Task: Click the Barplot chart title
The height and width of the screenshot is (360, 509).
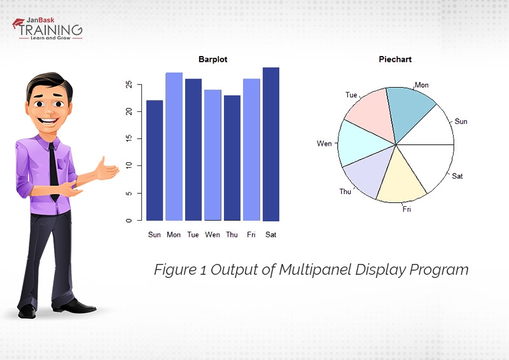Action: [x=213, y=59]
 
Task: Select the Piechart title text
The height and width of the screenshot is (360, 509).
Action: [x=395, y=59]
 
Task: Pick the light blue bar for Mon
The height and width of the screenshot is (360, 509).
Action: [x=174, y=146]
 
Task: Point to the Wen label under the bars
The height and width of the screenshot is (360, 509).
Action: [x=213, y=235]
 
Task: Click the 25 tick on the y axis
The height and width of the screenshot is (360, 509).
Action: [x=129, y=84]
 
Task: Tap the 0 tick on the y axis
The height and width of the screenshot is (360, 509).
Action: [x=129, y=220]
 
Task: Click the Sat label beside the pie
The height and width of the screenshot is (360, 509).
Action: [x=457, y=176]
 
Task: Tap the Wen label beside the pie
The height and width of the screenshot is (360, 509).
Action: [x=324, y=144]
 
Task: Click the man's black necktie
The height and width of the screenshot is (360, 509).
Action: [x=53, y=169]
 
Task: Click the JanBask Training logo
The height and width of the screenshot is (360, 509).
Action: [x=47, y=29]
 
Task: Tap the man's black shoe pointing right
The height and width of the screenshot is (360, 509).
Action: [x=80, y=307]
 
